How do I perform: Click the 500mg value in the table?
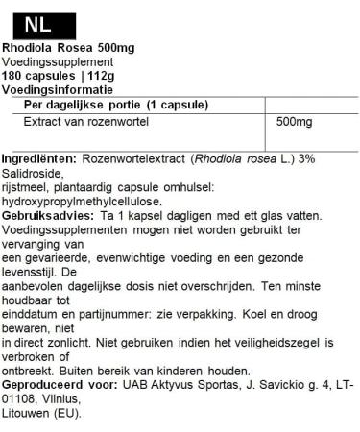[x=294, y=123]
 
